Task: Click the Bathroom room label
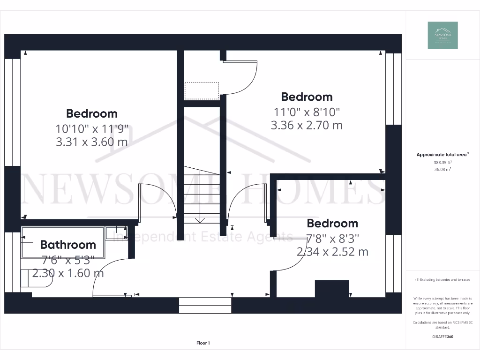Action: (x=68, y=245)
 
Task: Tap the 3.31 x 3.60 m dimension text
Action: (x=92, y=142)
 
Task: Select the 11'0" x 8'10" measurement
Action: (x=307, y=112)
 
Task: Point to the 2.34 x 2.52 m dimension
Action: (x=332, y=252)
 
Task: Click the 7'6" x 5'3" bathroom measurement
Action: (x=68, y=259)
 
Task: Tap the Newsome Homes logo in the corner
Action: (x=442, y=35)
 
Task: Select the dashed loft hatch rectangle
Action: (x=202, y=90)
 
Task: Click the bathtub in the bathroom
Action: (x=63, y=242)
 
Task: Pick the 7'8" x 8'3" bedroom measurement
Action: (x=332, y=238)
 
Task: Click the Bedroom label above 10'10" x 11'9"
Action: (x=92, y=113)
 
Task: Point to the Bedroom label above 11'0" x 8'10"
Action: (x=307, y=97)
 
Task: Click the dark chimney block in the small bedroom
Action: (x=331, y=288)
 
